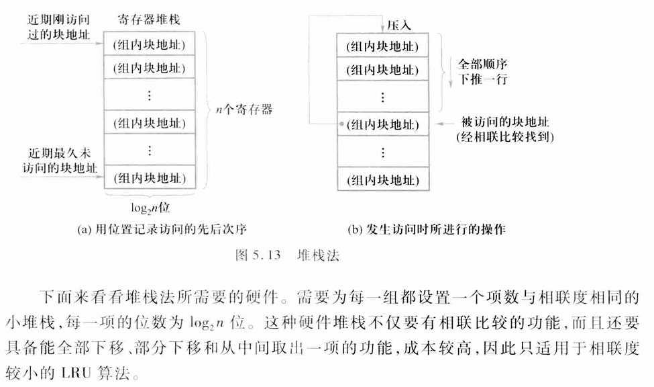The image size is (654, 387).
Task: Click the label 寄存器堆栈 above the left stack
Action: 148,20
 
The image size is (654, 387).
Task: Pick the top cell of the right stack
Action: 382,46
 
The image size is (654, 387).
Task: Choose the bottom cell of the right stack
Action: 382,180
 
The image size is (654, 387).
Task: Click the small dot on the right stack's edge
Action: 341,124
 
